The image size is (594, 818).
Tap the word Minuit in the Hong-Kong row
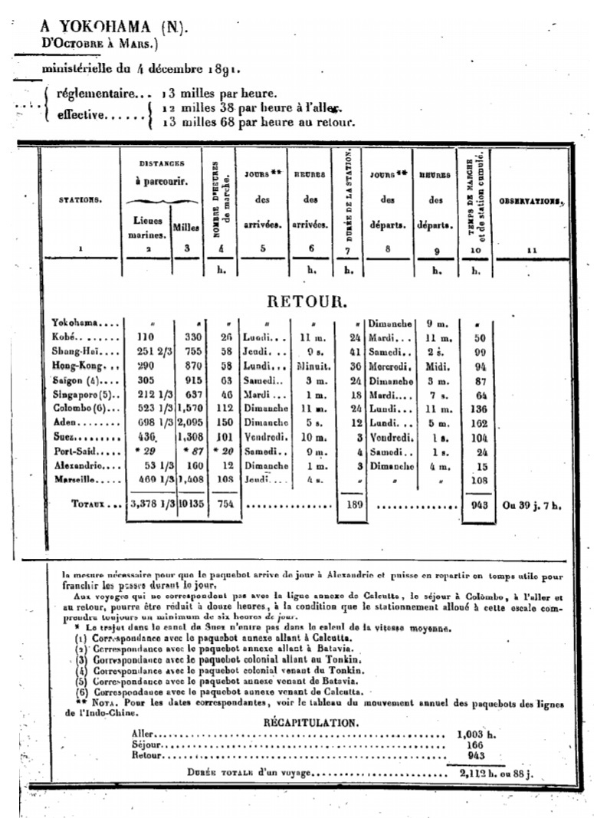tap(313, 365)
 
